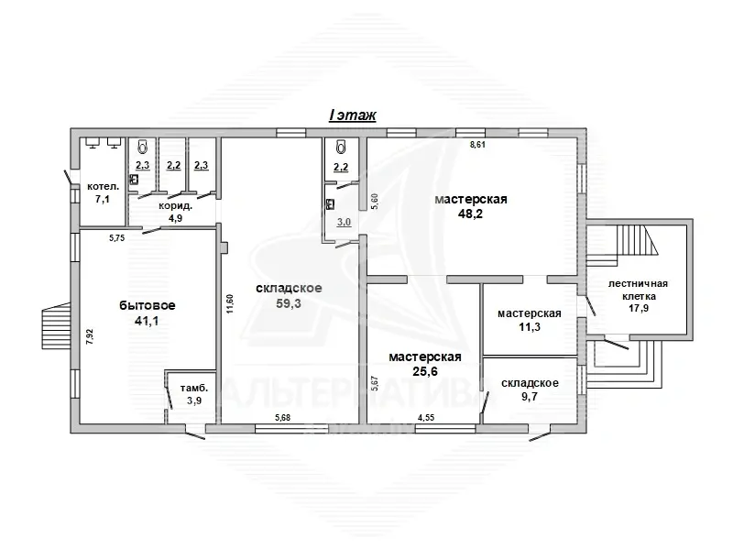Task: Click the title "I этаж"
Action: click(353, 115)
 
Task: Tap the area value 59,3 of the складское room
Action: click(289, 303)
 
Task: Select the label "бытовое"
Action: click(148, 305)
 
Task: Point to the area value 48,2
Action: click(471, 214)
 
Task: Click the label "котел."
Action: click(104, 187)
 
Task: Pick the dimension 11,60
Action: click(229, 303)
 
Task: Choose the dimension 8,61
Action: click(477, 145)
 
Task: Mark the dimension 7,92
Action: click(90, 336)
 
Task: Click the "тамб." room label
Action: click(194, 388)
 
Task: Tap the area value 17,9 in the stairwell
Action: click(638, 308)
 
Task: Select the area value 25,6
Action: click(425, 371)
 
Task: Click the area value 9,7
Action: click(530, 396)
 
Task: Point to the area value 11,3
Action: click(530, 326)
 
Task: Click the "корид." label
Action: click(176, 205)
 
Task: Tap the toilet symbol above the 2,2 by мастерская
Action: click(341, 148)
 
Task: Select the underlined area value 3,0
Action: click(345, 222)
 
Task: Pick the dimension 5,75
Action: click(117, 238)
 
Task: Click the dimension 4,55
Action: click(426, 418)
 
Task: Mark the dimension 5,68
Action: click(282, 418)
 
